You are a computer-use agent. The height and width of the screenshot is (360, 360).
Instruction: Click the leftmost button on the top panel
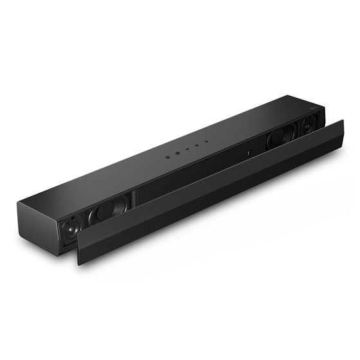point(166,156)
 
